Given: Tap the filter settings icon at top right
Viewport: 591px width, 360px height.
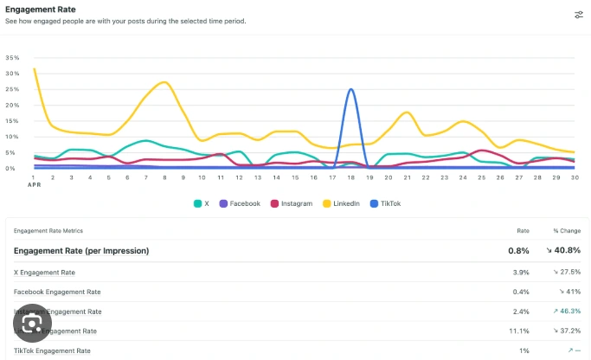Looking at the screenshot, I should pos(578,15).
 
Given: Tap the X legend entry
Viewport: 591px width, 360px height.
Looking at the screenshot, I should pos(202,203).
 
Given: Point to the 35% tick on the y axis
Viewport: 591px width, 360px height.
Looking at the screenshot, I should pos(12,58).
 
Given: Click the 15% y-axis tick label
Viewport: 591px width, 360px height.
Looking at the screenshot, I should pos(12,121).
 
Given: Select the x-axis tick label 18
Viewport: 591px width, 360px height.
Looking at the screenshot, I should pos(350,177).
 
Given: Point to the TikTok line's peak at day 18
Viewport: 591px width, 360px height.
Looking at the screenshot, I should pos(350,89).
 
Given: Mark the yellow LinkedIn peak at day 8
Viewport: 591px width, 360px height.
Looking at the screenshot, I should pos(164,82).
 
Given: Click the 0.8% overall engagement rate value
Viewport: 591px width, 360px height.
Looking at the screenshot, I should pos(518,251).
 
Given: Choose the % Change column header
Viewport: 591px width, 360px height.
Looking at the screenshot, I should pos(567,231).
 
